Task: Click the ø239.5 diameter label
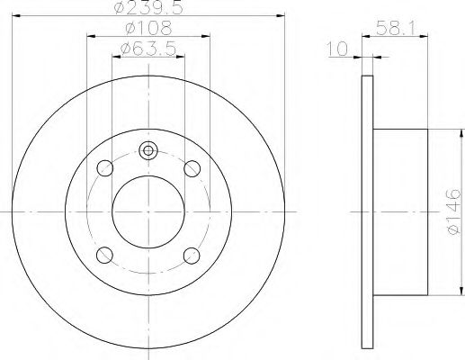148,8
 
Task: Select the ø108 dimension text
149,28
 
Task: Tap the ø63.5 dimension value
148,49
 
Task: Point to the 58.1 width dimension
396,29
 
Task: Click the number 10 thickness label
337,49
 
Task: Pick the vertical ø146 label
452,211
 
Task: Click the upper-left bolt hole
105,168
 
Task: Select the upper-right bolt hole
192,168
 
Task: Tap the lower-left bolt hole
104,255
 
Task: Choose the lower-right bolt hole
192,256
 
